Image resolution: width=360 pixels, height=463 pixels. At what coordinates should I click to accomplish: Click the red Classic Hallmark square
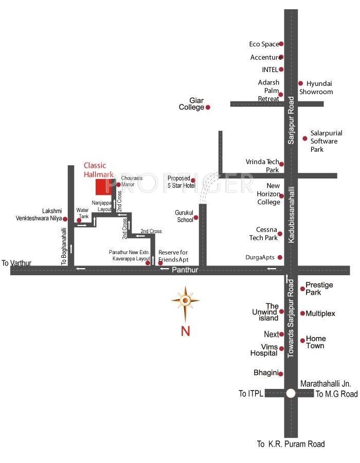pos(104,187)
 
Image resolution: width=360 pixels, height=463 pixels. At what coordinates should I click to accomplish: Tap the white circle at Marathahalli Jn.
pos(291,394)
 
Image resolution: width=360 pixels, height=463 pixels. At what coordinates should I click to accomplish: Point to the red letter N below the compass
pos(185,331)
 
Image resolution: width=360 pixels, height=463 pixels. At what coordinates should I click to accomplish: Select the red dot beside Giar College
pos(208,108)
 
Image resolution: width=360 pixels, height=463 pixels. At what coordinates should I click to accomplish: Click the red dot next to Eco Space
pos(281,44)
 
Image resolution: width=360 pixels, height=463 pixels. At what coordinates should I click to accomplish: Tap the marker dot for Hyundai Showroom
pos(300,83)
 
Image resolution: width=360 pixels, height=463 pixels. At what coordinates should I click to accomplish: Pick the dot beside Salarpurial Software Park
pos(305,138)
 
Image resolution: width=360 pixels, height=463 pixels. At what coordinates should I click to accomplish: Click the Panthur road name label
pos(185,270)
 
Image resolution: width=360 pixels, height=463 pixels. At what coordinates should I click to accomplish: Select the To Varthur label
pos(16,263)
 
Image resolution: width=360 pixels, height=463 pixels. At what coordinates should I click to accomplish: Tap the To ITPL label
pos(250,394)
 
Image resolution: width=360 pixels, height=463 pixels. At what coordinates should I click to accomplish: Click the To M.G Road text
pos(336,394)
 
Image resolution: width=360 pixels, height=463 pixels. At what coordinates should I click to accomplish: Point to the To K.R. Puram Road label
pos(291,444)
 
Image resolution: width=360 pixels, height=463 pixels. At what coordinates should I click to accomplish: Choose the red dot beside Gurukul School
pos(195,218)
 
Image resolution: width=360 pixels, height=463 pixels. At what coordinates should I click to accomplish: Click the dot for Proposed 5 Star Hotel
pos(193,181)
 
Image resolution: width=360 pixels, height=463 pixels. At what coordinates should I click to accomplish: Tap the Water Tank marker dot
pos(79,220)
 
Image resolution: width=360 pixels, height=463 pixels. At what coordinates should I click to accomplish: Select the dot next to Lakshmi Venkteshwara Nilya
pos(65,219)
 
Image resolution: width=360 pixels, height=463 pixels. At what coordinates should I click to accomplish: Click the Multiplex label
pos(320,314)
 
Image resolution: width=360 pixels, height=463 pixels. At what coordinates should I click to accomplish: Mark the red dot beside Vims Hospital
pos(281,349)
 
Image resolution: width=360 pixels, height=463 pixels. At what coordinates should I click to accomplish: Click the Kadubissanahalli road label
pos(291,215)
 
